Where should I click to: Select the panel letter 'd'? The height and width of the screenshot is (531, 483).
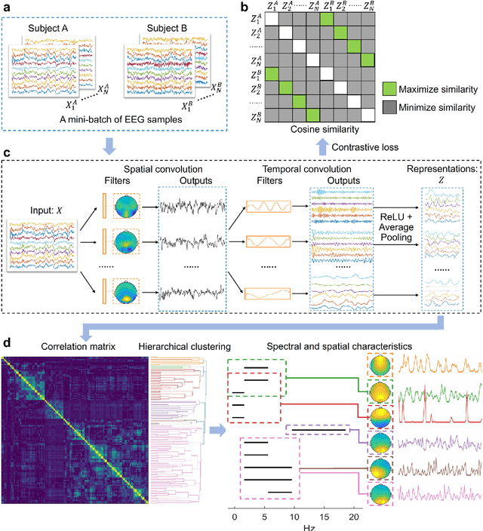(x=7, y=344)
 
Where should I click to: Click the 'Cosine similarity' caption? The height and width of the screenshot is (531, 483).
(x=319, y=130)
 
